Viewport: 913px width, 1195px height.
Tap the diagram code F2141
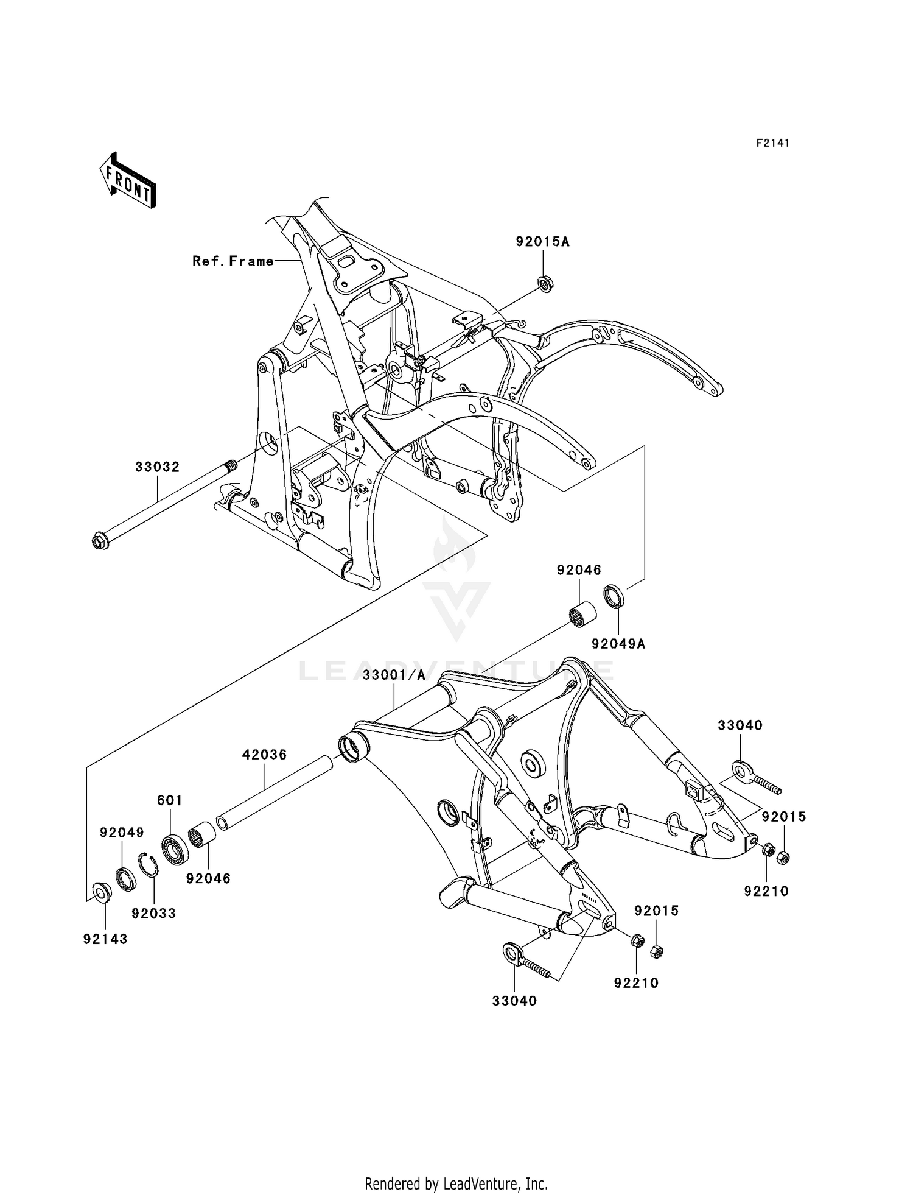click(772, 143)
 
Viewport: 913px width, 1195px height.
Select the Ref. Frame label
click(233, 261)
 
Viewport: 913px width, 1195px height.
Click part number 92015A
click(542, 242)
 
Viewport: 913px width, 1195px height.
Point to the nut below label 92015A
click(545, 284)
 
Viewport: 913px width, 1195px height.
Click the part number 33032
click(157, 467)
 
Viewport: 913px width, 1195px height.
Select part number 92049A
click(618, 644)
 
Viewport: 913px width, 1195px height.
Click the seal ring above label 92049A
click(614, 596)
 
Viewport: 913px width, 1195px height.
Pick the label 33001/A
click(394, 675)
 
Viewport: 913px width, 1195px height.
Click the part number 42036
click(264, 755)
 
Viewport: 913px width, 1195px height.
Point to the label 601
click(170, 800)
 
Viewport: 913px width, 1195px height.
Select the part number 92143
click(105, 939)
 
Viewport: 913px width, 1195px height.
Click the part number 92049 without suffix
click(122, 833)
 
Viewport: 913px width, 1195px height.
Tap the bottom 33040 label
click(514, 1001)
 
